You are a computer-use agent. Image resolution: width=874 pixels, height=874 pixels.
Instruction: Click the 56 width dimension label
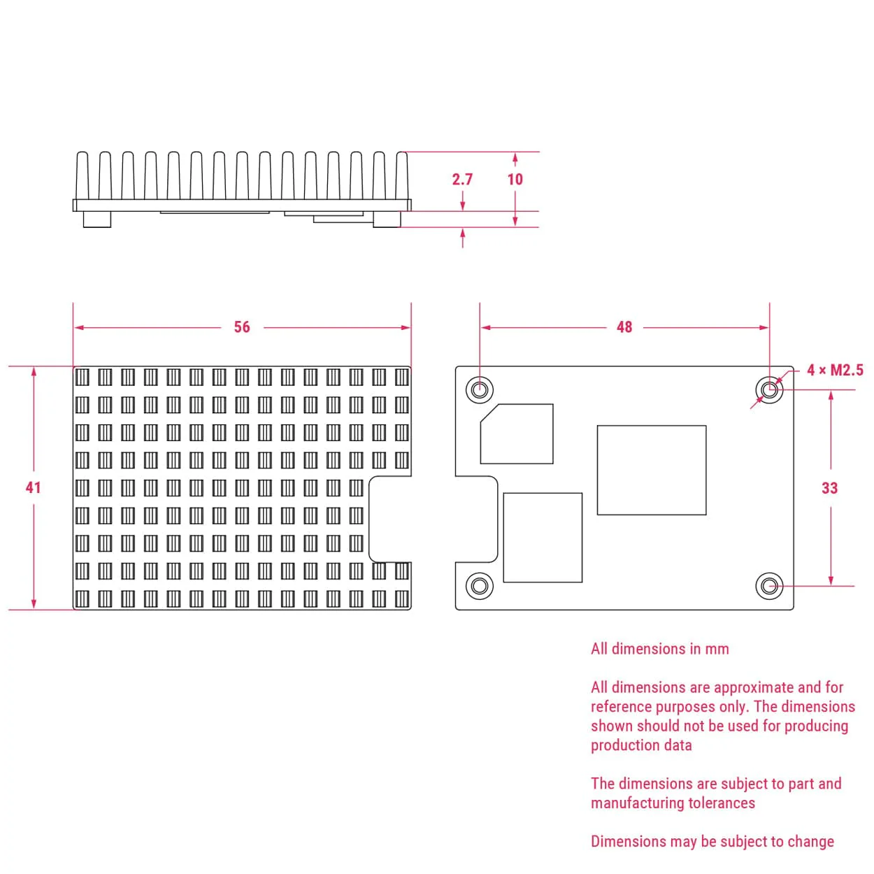pos(242,327)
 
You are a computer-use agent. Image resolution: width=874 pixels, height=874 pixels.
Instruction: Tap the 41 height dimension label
pos(33,487)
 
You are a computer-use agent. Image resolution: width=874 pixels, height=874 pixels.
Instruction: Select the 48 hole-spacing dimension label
pos(624,327)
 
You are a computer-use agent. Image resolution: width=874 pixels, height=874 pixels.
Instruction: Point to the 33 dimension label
pos(829,488)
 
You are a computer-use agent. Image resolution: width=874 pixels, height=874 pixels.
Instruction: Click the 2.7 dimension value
pos(462,179)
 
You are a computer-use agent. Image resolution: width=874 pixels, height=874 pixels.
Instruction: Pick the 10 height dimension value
pos(515,179)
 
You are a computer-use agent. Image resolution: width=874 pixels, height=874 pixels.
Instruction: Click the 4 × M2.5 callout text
pos(835,370)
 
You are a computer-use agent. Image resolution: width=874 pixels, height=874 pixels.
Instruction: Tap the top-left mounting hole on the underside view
pos(480,389)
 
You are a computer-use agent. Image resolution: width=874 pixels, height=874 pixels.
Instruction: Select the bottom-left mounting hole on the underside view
pos(480,586)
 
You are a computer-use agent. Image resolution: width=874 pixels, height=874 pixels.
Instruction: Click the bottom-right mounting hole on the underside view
pos(769,586)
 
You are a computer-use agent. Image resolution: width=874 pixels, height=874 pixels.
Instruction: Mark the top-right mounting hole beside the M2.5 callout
pos(769,389)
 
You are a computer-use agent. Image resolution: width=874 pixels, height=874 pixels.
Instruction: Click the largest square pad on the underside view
pos(651,470)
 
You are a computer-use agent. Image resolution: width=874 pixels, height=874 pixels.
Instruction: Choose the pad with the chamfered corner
pos(517,434)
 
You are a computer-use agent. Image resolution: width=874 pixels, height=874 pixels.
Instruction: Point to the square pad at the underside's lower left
pos(543,538)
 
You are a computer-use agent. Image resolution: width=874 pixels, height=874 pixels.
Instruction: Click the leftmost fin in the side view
pos(82,175)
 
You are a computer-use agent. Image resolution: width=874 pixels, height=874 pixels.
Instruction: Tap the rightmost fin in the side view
pos(402,175)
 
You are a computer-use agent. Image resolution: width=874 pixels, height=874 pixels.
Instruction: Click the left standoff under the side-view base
pos(97,219)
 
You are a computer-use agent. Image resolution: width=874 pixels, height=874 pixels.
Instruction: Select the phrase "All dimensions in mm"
pos(659,649)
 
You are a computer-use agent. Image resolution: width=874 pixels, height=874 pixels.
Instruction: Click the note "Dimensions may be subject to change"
pos(712,841)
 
